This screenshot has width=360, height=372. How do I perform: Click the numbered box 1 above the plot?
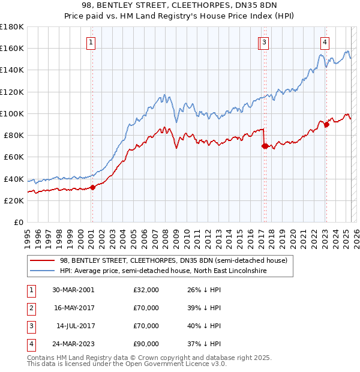tap(90, 42)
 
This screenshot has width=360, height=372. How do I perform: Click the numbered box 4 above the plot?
tap(324, 42)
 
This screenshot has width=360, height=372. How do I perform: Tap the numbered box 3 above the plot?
tap(265, 42)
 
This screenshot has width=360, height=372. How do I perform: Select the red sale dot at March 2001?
tap(93, 187)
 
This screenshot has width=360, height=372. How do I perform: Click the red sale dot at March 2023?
tap(326, 125)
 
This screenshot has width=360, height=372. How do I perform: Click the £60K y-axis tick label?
tap(14, 157)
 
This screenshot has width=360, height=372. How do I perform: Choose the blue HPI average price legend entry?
tap(163, 271)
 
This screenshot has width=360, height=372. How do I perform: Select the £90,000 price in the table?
tap(146, 344)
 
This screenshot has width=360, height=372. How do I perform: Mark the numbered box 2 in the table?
tap(30, 308)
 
